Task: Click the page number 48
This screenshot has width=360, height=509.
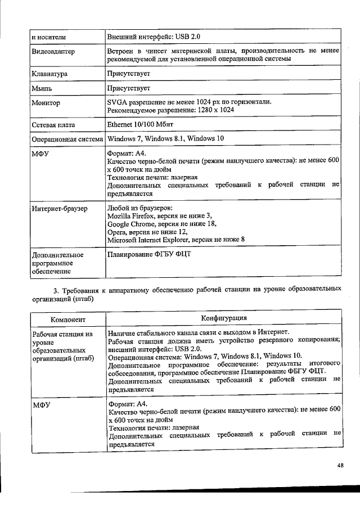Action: pyautogui.click(x=340, y=465)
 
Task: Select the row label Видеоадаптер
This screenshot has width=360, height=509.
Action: pyautogui.click(x=53, y=52)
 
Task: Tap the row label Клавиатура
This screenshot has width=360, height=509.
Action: pyautogui.click(x=49, y=74)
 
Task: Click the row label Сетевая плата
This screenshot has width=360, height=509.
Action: pyautogui.click(x=53, y=125)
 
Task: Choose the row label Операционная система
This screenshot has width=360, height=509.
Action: pyautogui.click(x=67, y=139)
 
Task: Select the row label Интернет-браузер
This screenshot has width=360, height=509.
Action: pyautogui.click(x=59, y=209)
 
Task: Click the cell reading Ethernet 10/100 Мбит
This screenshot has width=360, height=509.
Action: pyautogui.click(x=142, y=124)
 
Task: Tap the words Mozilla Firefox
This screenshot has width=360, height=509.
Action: pyautogui.click(x=130, y=216)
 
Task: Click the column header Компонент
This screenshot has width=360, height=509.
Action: pyautogui.click(x=67, y=319)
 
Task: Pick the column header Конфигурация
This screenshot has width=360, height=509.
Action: pyautogui.click(x=223, y=318)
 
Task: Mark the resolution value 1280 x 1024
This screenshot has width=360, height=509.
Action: pyautogui.click(x=214, y=110)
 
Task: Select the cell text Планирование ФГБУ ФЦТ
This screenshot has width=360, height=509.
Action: pyautogui.click(x=149, y=254)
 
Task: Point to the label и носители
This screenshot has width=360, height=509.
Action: pyautogui.click(x=49, y=37)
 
